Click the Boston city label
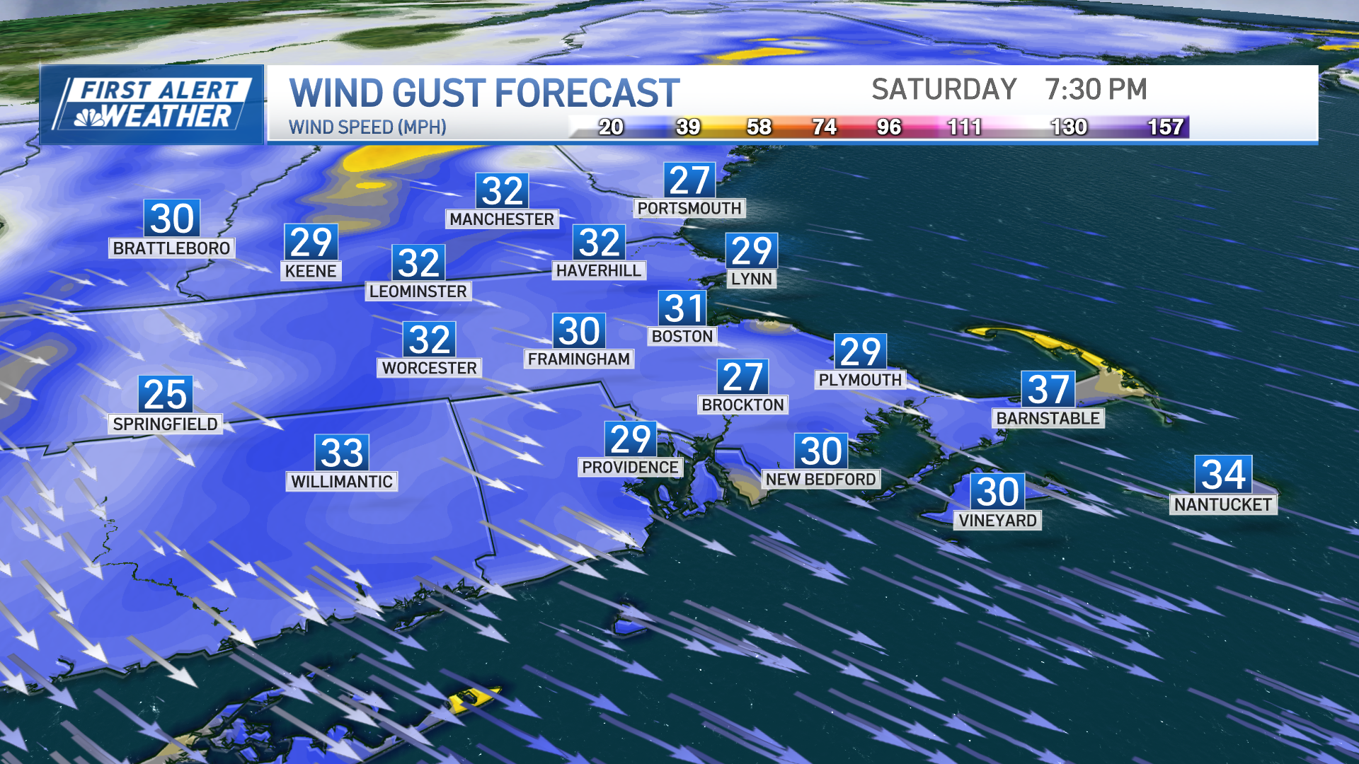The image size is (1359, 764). click(682, 336)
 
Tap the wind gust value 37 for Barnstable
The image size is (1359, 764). click(1048, 389)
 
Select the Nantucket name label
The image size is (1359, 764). click(1222, 504)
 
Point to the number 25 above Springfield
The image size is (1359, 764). click(165, 394)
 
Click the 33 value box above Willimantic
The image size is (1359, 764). click(342, 453)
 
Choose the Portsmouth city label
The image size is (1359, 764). click(689, 208)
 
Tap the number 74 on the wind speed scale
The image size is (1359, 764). click(824, 127)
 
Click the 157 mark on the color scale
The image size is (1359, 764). click(1165, 127)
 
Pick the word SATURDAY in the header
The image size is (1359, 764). click(944, 90)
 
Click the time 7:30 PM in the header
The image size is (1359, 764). click(1096, 90)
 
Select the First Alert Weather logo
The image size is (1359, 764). click(153, 105)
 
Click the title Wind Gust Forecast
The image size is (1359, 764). click(484, 93)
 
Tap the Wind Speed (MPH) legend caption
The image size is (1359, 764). click(367, 127)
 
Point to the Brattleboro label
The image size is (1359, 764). click(171, 248)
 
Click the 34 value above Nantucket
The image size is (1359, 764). click(1223, 474)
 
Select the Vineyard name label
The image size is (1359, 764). click(997, 521)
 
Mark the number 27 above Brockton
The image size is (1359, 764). click(742, 377)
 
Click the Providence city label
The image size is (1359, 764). click(630, 467)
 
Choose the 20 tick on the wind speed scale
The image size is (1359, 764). click(611, 127)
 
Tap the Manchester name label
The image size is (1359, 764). click(502, 219)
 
